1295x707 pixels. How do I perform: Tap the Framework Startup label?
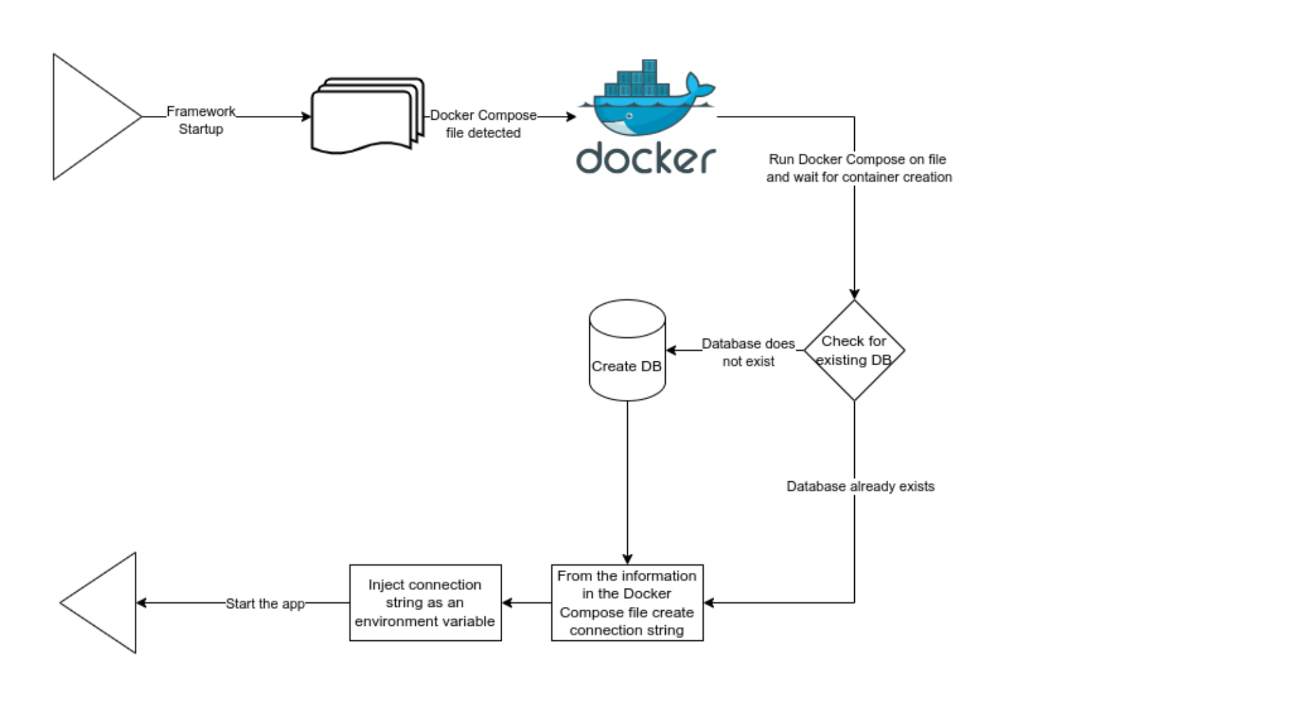pos(201,120)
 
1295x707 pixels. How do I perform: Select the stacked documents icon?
pos(366,116)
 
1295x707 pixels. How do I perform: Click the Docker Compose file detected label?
pos(483,124)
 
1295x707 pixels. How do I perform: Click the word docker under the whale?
pos(646,158)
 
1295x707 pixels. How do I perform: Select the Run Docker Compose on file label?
pos(858,168)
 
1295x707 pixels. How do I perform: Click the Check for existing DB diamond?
pos(854,351)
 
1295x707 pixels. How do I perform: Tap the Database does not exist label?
pos(748,352)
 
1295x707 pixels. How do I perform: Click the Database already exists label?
pos(860,486)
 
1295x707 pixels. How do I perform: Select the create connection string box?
pos(627,603)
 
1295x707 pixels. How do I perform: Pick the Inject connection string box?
pos(425,603)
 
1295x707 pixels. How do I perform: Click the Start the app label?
pos(265,604)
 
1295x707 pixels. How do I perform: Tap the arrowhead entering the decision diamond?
pos(854,295)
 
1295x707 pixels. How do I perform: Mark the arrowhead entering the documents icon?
pos(306,117)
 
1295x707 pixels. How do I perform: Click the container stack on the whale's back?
pos(638,82)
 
